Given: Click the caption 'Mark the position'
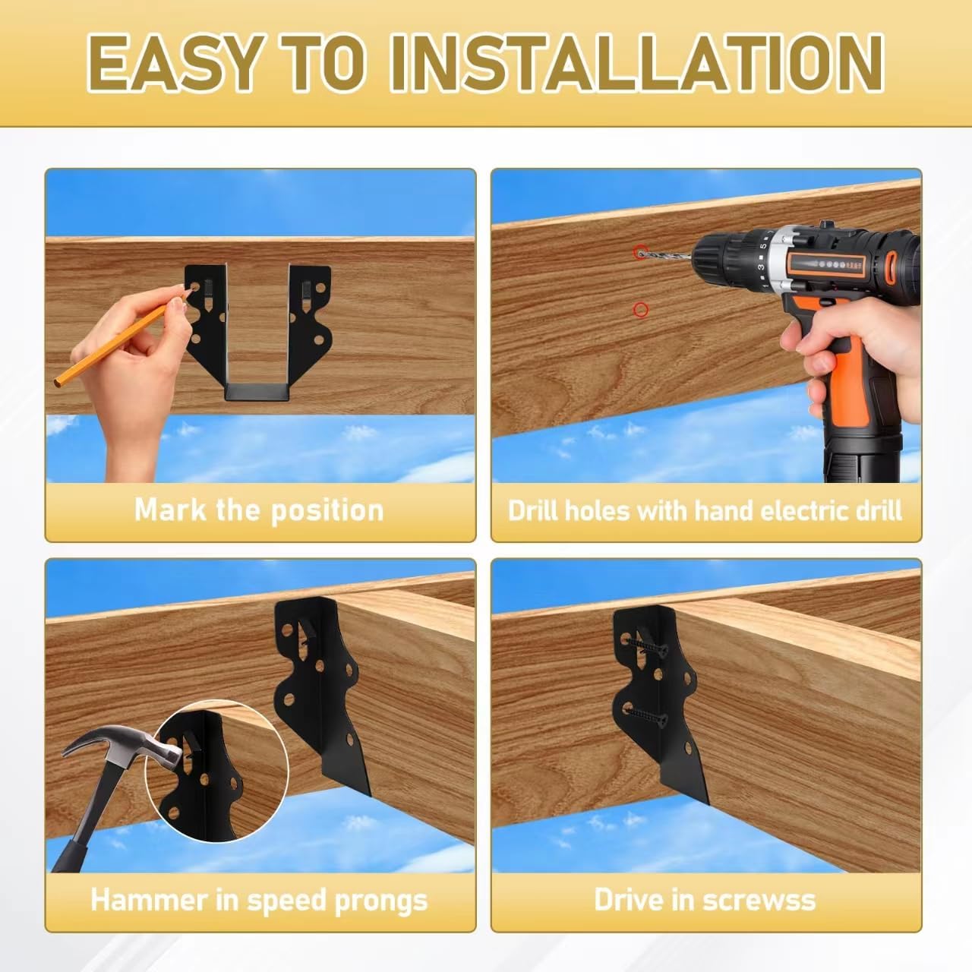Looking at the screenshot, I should pyautogui.click(x=259, y=510).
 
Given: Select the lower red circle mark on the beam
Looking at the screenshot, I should pyautogui.click(x=641, y=309).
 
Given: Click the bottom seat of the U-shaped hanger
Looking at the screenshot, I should pyautogui.click(x=258, y=392).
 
